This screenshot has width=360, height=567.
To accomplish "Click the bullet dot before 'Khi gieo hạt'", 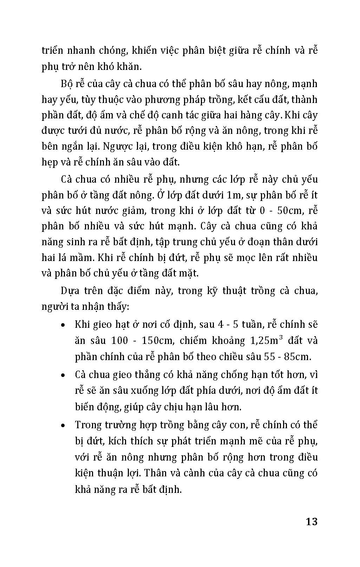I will [x=63, y=325].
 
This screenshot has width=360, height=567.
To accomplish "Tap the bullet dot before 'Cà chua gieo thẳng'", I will [x=63, y=375].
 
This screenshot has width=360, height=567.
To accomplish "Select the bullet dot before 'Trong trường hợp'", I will [x=63, y=425].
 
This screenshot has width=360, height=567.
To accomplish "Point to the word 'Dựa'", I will [x=70, y=291].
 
